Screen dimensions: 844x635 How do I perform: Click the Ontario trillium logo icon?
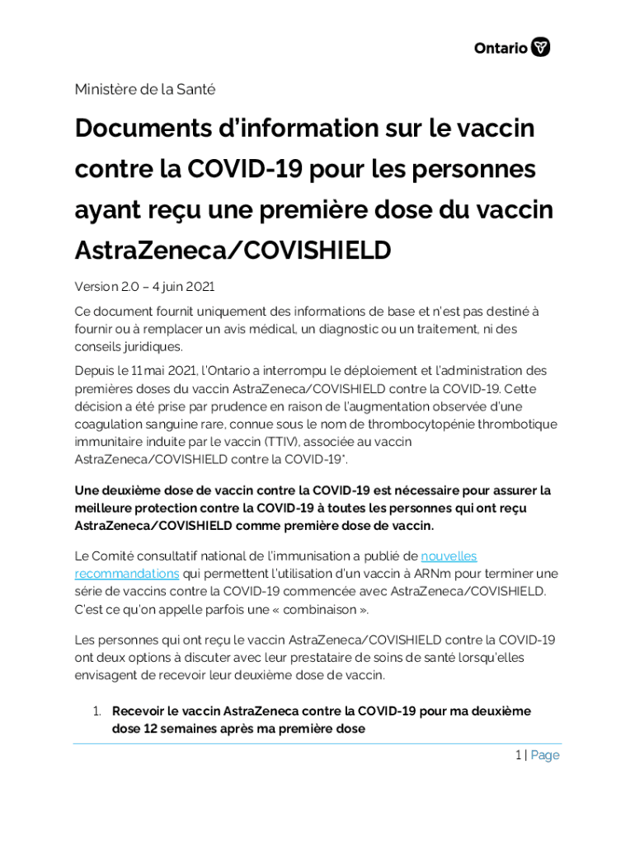(x=541, y=47)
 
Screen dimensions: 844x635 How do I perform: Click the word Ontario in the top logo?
(x=501, y=48)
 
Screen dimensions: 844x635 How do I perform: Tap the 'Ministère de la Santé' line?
(x=145, y=89)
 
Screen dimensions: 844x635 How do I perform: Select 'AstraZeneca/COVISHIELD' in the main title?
(x=233, y=250)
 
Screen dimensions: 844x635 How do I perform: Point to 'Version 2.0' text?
(x=104, y=287)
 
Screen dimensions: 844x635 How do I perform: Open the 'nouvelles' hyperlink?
(x=449, y=556)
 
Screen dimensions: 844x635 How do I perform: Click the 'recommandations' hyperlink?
(x=127, y=574)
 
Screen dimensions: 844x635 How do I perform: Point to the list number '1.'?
(x=96, y=710)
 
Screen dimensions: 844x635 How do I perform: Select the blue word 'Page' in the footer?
(x=545, y=755)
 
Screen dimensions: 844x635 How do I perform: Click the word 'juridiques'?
(x=152, y=346)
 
